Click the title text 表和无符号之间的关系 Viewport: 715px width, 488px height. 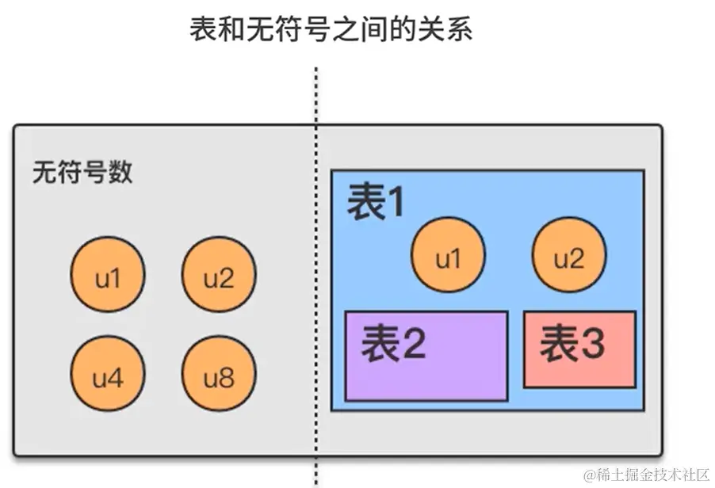click(331, 30)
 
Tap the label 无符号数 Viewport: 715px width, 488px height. click(82, 172)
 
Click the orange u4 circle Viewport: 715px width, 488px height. click(108, 378)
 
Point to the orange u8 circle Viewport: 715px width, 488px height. click(220, 378)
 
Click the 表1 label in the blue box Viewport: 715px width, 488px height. click(376, 204)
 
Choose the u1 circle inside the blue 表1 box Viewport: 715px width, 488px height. click(448, 257)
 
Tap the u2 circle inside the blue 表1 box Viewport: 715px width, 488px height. click(568, 257)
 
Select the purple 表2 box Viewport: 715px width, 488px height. click(426, 356)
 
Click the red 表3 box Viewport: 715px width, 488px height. click(579, 349)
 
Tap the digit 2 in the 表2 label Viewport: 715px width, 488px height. click(413, 345)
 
